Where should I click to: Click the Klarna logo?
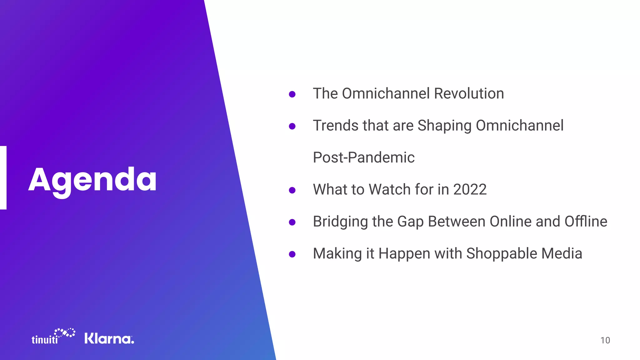(x=109, y=338)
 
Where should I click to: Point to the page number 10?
(x=605, y=340)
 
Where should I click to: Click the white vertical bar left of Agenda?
(x=3, y=177)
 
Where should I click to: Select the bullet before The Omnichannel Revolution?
(x=292, y=94)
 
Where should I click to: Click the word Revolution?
(x=469, y=93)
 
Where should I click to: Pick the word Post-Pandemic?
(x=363, y=157)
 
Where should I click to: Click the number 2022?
(x=470, y=189)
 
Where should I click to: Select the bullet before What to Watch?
(x=292, y=190)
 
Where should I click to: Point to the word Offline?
(x=586, y=221)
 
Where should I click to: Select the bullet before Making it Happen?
(x=292, y=254)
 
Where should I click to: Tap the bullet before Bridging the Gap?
(x=292, y=222)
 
